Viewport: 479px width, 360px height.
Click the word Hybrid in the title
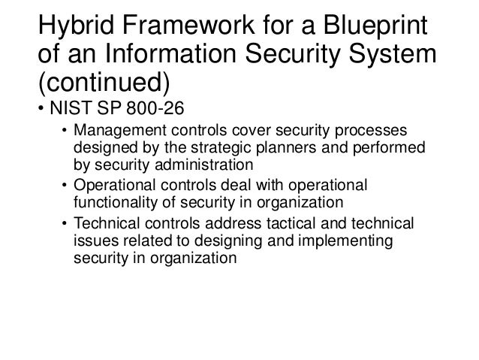point(77,27)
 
